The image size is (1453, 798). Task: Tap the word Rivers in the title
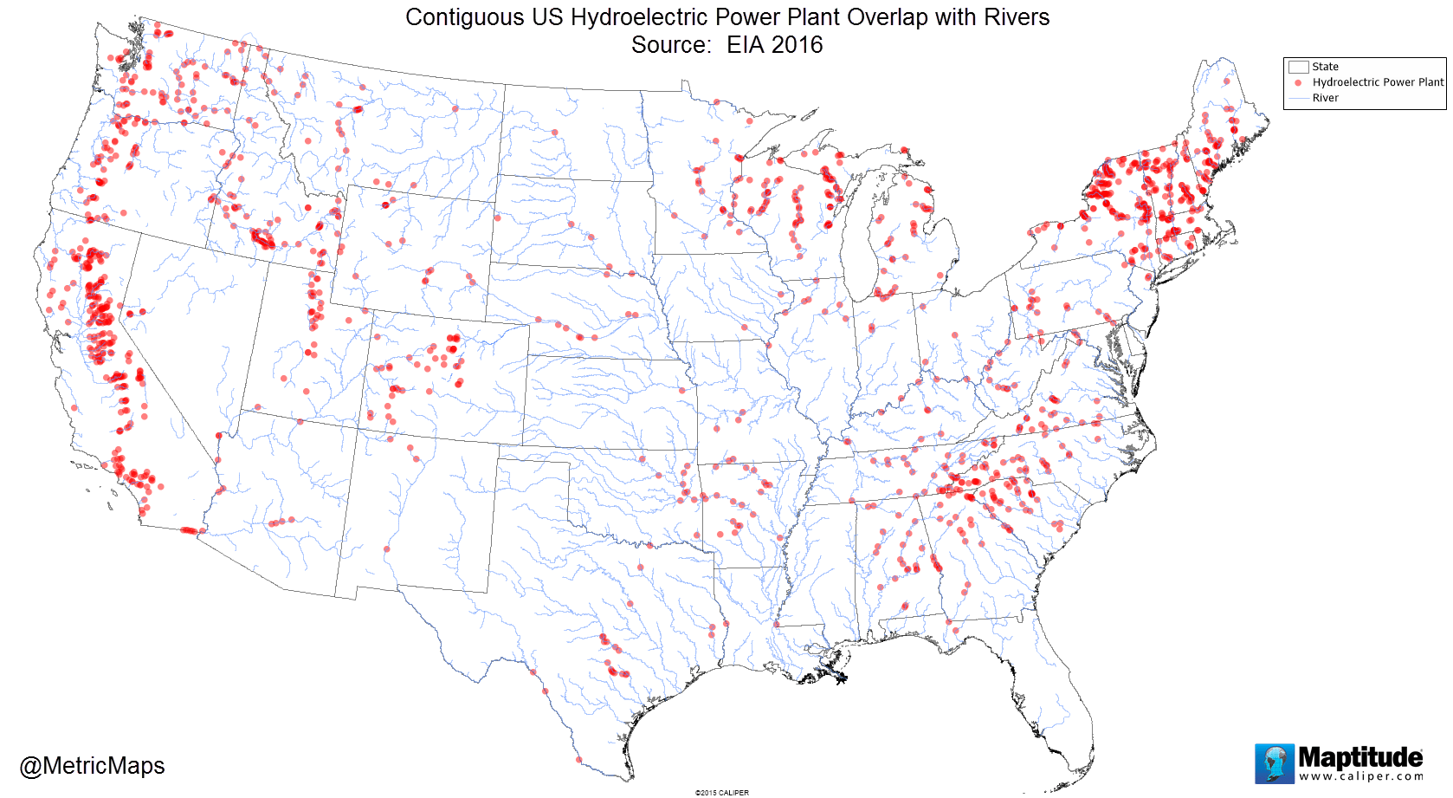pos(1016,17)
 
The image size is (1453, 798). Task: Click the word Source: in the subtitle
pos(671,45)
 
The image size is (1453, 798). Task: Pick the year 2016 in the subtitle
pos(797,45)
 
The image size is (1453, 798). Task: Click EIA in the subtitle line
pos(746,45)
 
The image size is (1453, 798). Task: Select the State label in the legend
pos(1325,67)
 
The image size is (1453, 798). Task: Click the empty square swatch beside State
pos(1298,67)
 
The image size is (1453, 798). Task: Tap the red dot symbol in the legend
pos(1298,82)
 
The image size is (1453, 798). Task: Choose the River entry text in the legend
pos(1325,98)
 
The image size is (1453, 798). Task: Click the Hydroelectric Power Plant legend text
pos(1378,82)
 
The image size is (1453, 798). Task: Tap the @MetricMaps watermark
pos(92,766)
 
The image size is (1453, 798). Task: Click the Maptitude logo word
pos(1359,757)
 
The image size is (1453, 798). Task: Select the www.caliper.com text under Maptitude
pos(1360,776)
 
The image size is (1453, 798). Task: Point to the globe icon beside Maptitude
pos(1275,763)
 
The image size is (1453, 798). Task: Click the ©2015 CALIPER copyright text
pos(721,792)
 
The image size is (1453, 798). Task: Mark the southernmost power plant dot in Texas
pos(579,760)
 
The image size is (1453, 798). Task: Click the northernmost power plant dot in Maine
pos(1227,81)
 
